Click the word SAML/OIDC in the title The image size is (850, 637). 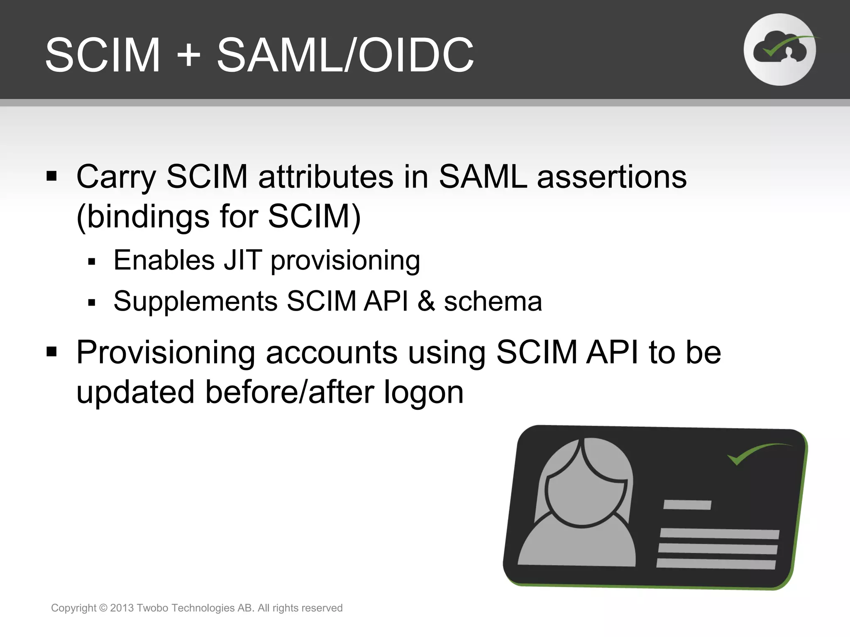tap(345, 55)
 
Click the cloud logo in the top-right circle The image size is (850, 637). tap(779, 50)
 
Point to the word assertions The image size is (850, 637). tap(612, 177)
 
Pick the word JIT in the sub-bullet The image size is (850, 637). tap(243, 260)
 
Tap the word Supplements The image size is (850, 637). tap(195, 301)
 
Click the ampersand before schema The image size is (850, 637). tap(426, 301)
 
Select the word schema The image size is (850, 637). tap(493, 301)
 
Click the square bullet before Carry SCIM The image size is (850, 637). tap(51, 176)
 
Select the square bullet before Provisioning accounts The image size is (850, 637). tap(51, 352)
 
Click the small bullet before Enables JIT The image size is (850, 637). tap(92, 262)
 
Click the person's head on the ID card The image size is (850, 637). tap(585, 485)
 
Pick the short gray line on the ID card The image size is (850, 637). tap(687, 505)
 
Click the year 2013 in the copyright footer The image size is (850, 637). tap(122, 608)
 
